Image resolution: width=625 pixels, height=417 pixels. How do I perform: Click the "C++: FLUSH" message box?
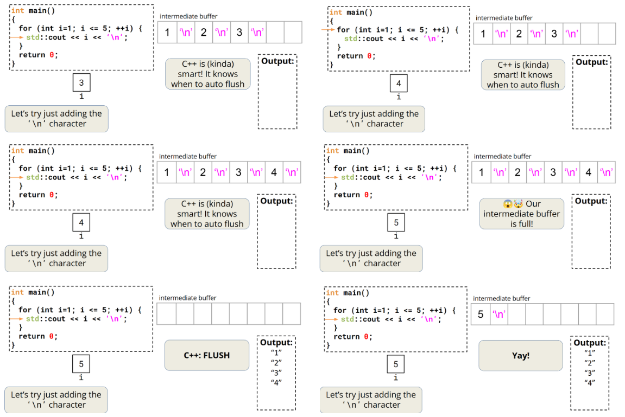[x=206, y=356]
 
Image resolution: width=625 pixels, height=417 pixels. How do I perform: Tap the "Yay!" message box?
[x=520, y=356]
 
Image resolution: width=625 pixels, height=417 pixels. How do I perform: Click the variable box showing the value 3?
[x=81, y=84]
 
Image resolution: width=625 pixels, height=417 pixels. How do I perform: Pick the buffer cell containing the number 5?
[x=481, y=314]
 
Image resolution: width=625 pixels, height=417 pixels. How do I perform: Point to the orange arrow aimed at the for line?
[x=329, y=30]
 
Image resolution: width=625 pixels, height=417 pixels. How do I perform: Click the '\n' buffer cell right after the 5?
[x=498, y=314]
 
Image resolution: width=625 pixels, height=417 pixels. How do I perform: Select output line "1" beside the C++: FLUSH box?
[x=276, y=352]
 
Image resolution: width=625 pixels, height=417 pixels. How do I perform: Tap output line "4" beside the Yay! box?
[x=590, y=382]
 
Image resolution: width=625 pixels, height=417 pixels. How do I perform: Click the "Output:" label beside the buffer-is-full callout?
[x=591, y=201]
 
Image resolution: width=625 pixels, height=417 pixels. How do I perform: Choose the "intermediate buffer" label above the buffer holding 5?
[x=501, y=298]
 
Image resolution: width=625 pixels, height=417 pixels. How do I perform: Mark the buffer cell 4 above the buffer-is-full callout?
[x=588, y=172]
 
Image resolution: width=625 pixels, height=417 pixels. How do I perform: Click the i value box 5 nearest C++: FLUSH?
[x=81, y=364]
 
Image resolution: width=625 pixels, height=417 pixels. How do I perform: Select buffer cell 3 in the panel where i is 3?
[x=239, y=33]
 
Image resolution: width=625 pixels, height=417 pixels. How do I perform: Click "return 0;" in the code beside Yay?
[x=352, y=337]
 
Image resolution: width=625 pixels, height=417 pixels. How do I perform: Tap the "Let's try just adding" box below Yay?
[x=370, y=400]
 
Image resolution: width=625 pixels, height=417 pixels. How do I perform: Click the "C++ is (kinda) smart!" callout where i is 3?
[x=207, y=74]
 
